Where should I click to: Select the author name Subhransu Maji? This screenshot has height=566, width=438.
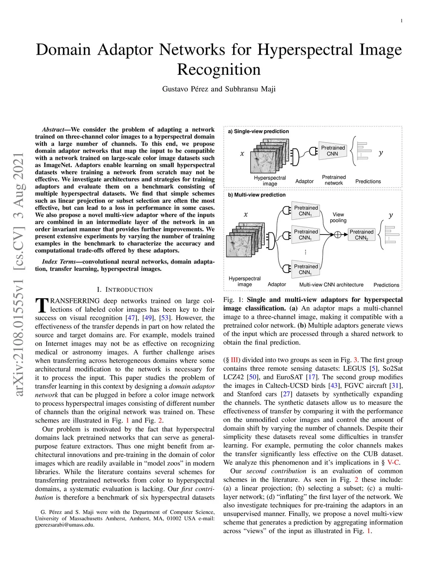(x=250, y=89)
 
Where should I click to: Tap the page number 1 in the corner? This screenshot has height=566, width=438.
(x=402, y=21)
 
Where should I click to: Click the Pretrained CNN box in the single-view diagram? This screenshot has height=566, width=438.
(x=332, y=151)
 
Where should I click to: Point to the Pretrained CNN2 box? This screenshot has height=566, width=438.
(x=361, y=235)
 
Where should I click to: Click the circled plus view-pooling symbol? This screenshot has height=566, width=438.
(x=338, y=234)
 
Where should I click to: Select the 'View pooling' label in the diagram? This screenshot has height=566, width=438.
(x=338, y=217)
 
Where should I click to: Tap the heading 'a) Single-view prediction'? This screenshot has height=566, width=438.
(x=258, y=131)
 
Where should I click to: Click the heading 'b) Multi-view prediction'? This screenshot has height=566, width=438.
(x=257, y=195)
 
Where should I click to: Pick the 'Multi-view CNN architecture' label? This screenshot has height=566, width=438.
(x=331, y=284)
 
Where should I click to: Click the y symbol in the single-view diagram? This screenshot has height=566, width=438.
(x=381, y=153)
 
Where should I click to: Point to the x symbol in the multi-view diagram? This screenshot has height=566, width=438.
(x=246, y=214)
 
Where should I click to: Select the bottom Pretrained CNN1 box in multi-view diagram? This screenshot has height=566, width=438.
(x=306, y=269)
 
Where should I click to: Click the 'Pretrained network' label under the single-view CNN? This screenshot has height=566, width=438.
(x=334, y=180)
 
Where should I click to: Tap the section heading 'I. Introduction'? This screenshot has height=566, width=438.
(x=124, y=290)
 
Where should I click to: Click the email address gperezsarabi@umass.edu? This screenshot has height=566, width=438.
(x=64, y=525)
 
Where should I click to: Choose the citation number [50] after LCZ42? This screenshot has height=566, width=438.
(x=253, y=377)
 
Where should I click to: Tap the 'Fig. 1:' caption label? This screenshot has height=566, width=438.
(x=234, y=299)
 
